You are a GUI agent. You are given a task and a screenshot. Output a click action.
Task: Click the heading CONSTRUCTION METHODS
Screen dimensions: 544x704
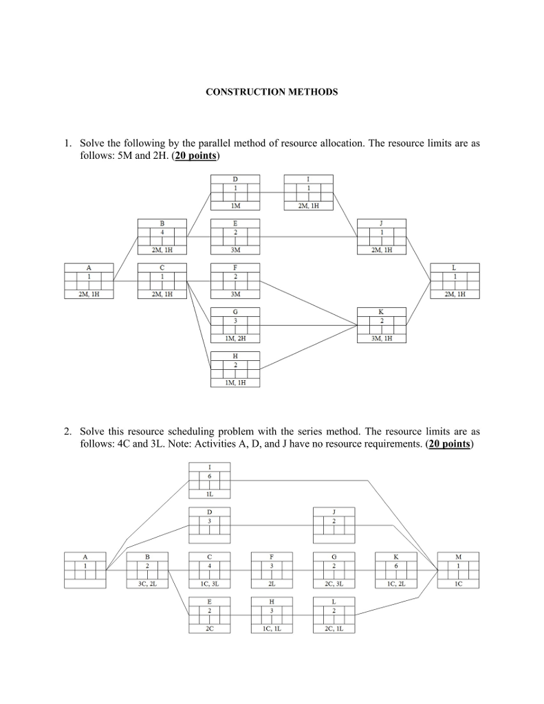point(272,91)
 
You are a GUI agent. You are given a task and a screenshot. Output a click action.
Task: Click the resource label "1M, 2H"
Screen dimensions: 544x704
point(235,338)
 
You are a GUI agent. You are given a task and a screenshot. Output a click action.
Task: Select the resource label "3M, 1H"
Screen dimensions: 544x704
point(381,338)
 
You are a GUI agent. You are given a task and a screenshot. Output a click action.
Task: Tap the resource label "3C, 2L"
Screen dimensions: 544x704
point(147,584)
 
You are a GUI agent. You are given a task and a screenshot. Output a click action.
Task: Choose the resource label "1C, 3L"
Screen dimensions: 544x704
point(209,584)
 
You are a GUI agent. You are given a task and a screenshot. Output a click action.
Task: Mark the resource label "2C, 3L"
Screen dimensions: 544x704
point(334,584)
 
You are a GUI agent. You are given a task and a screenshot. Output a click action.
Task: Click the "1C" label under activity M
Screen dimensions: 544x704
point(458,584)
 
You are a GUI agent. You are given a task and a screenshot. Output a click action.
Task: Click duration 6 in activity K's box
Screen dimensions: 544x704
point(396,565)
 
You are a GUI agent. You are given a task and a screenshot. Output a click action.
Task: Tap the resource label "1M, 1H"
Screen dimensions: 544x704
point(235,382)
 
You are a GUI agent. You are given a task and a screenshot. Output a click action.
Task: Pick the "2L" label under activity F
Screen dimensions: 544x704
point(272,584)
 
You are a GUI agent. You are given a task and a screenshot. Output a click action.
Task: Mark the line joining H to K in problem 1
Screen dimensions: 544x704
point(309,349)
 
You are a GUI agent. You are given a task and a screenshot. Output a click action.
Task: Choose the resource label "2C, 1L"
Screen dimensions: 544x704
point(334,628)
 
